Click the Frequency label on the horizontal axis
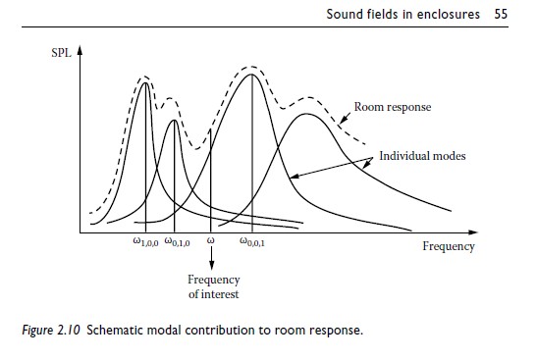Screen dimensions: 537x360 (x=449, y=246)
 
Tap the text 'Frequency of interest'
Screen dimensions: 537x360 (x=213, y=286)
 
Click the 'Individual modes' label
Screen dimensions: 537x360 (x=422, y=156)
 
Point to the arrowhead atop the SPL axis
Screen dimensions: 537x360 (x=80, y=45)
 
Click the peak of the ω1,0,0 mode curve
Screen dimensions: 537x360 (x=145, y=83)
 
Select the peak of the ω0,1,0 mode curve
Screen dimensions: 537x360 (x=174, y=121)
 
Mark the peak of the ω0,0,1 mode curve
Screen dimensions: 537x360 (x=253, y=75)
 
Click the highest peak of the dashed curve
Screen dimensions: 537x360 (x=254, y=67)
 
